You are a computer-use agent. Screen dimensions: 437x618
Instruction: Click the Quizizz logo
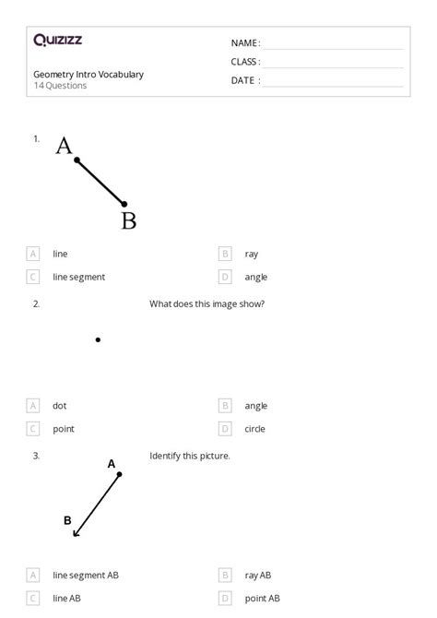57,40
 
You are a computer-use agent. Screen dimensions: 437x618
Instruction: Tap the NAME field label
245,43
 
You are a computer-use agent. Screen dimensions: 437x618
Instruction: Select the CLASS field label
245,62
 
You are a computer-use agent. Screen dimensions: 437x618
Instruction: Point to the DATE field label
245,80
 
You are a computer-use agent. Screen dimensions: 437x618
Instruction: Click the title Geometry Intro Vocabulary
89,75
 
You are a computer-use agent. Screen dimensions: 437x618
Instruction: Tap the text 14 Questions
60,86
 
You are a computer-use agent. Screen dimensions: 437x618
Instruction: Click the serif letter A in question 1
64,146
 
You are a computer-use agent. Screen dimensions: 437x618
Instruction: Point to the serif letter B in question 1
128,220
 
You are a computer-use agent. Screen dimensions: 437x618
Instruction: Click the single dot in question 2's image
98,340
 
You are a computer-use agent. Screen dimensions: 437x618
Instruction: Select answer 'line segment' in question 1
78,277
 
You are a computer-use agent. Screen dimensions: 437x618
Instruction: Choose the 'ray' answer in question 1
251,254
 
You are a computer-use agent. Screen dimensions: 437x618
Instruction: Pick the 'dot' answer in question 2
59,406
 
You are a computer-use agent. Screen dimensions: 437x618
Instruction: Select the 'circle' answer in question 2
255,429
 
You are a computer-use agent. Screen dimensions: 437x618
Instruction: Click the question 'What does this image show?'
207,303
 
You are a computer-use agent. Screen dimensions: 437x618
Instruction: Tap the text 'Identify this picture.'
189,456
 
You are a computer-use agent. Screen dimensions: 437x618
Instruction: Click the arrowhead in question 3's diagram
76,533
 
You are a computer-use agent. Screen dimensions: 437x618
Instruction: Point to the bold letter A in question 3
112,464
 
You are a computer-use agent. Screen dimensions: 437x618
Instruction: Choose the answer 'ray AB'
257,576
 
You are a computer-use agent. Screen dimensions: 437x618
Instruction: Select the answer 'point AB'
262,599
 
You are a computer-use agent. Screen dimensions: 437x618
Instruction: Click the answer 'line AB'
66,599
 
